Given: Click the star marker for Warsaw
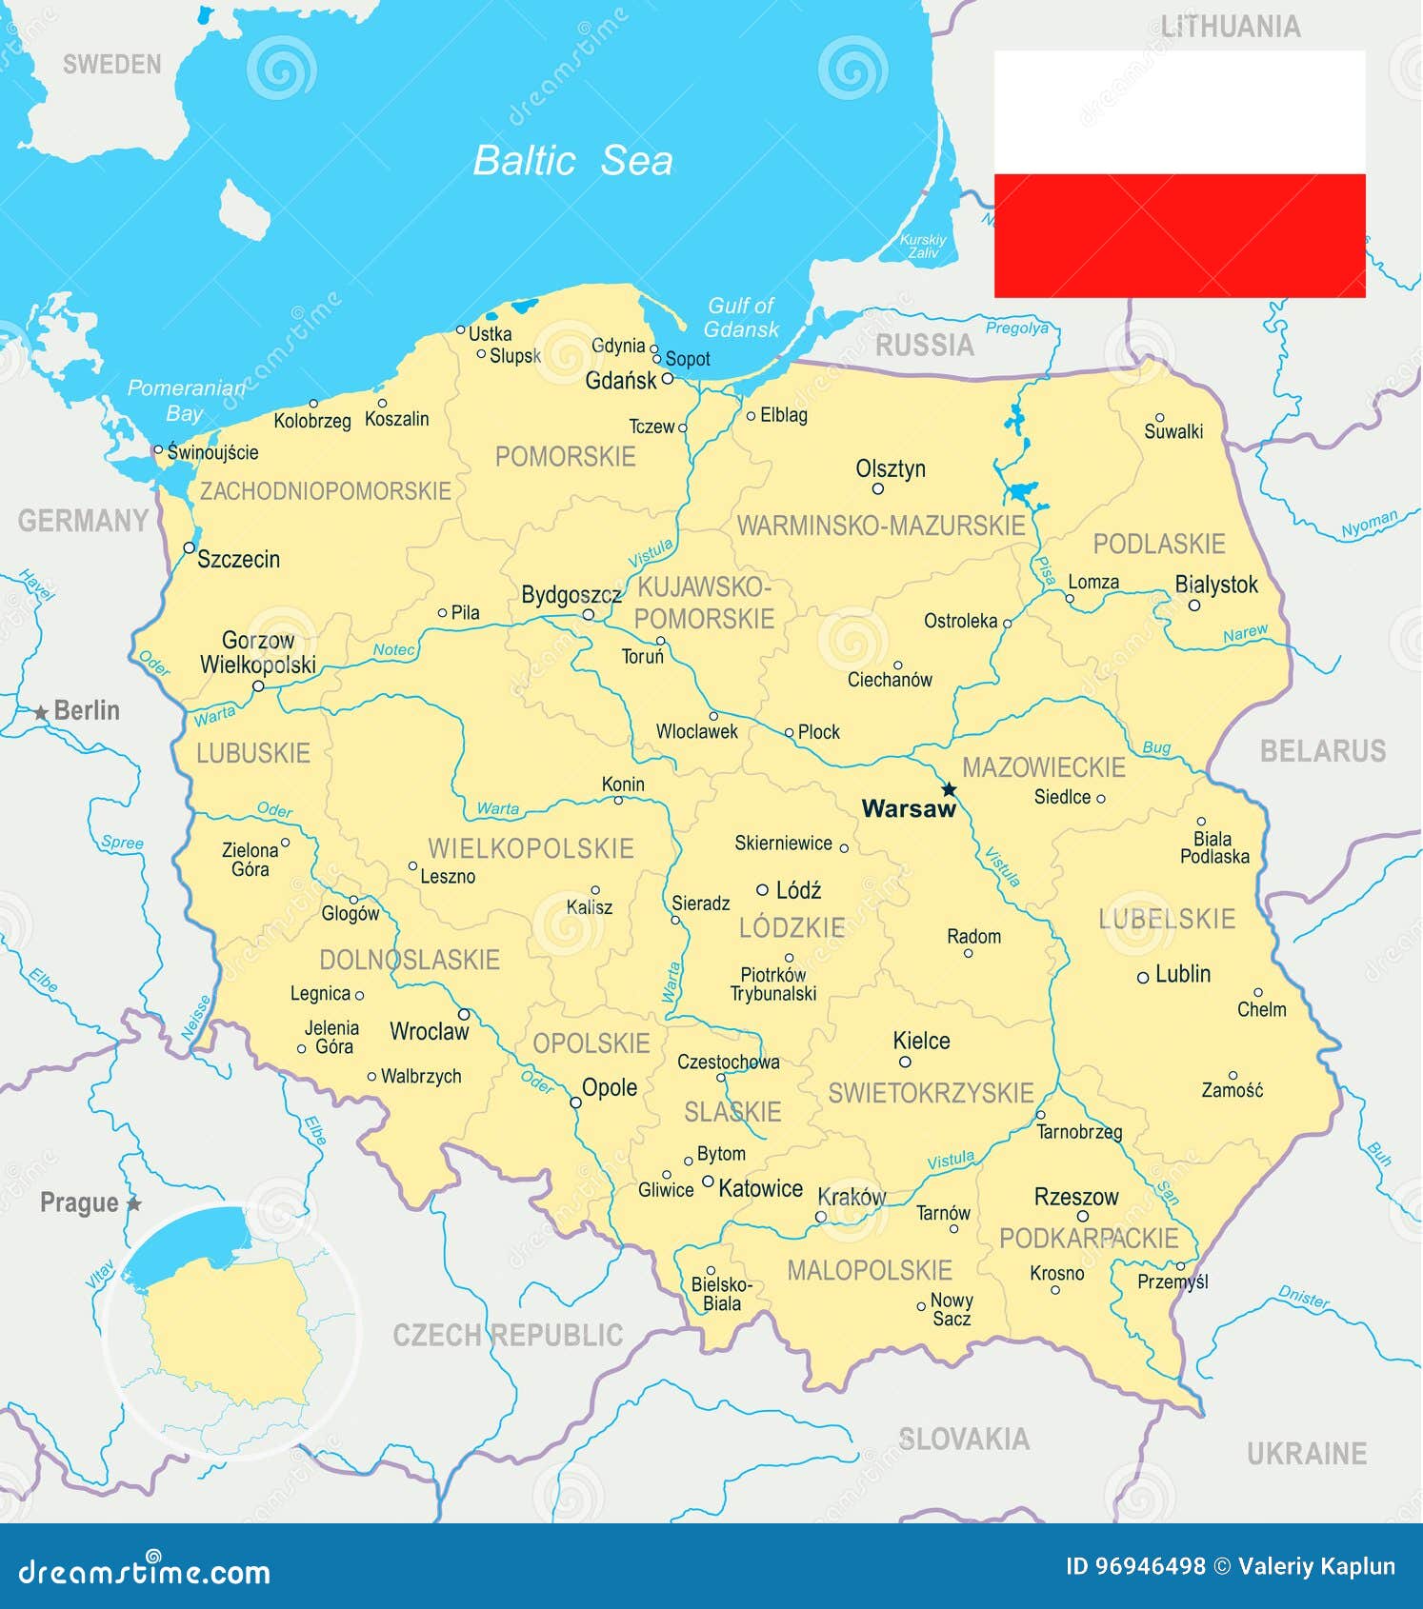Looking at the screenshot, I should (x=949, y=789).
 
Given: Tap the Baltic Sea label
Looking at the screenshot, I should (x=572, y=160).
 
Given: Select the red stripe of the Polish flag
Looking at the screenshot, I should (x=1179, y=235).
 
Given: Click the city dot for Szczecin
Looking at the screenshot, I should (x=189, y=547).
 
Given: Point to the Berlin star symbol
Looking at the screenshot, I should (x=41, y=712).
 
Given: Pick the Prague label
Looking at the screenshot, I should (x=80, y=1202).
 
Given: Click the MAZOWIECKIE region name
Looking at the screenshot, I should (x=1044, y=767).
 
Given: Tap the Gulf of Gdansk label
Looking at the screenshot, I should (x=741, y=318).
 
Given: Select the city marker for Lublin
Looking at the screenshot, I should (x=1143, y=977).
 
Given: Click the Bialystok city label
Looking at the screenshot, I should (x=1216, y=585).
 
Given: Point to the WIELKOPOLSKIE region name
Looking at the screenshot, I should (x=531, y=848).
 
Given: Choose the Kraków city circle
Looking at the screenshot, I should (x=821, y=1217).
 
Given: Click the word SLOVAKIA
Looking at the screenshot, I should (x=964, y=1439).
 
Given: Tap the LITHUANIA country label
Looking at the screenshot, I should (x=1230, y=27).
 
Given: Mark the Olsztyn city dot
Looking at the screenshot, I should (x=878, y=489).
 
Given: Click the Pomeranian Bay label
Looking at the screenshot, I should (x=186, y=400).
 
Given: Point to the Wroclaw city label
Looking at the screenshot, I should (x=430, y=1031).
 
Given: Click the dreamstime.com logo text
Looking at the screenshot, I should (x=145, y=1572).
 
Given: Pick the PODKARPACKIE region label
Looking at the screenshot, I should (x=1089, y=1238).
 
